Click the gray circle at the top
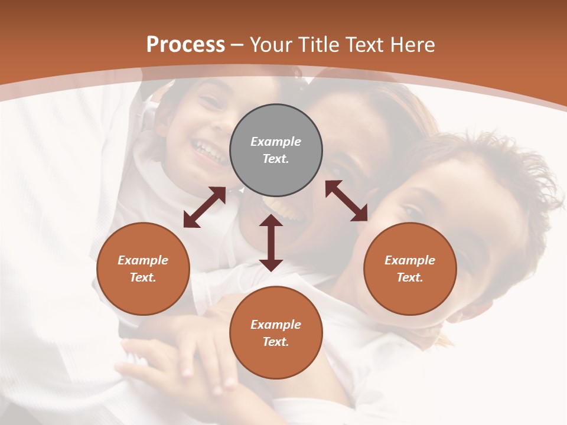point(276,151)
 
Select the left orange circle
point(143,269)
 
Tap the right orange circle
point(410,269)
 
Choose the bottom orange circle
point(276,333)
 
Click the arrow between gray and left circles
point(204,207)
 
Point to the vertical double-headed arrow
point(271,243)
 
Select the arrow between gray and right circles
point(346,201)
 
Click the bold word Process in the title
point(185,44)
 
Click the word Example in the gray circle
point(276,142)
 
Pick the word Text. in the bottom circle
point(276,342)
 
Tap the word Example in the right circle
point(410,260)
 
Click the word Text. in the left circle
point(143,277)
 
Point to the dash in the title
point(237,45)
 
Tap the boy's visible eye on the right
point(411,211)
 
